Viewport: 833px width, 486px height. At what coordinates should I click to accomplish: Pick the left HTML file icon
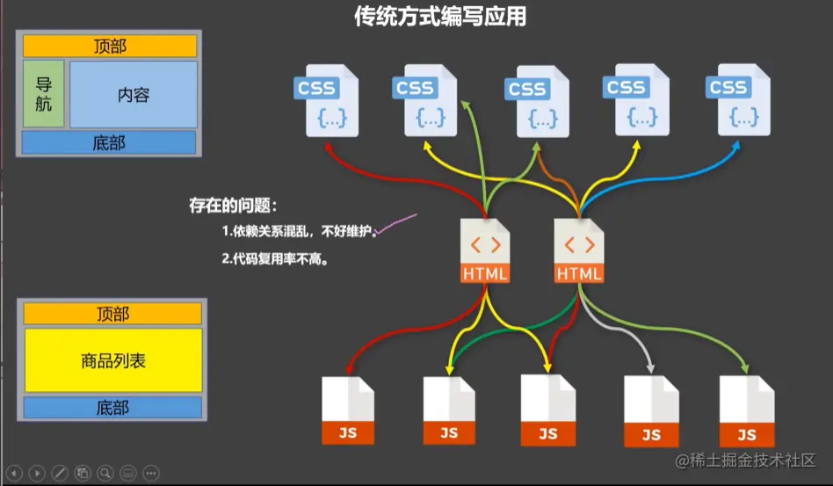[484, 250]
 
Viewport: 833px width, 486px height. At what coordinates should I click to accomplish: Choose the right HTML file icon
[579, 250]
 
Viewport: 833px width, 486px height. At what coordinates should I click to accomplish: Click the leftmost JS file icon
[347, 410]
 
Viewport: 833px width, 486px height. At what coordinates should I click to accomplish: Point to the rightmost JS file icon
[747, 411]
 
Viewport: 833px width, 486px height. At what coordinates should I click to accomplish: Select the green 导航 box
[44, 95]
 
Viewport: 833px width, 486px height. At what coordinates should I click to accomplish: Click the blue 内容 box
[133, 95]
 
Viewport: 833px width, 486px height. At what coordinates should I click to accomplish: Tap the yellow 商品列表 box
[112, 359]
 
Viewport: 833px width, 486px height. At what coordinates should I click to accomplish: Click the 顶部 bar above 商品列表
[112, 314]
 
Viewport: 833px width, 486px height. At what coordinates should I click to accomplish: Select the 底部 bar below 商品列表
[112, 408]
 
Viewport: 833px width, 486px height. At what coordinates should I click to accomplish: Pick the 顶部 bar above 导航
[110, 46]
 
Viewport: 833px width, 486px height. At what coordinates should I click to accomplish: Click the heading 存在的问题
[233, 207]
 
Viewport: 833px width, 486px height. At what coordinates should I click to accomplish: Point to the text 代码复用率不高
[280, 260]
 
